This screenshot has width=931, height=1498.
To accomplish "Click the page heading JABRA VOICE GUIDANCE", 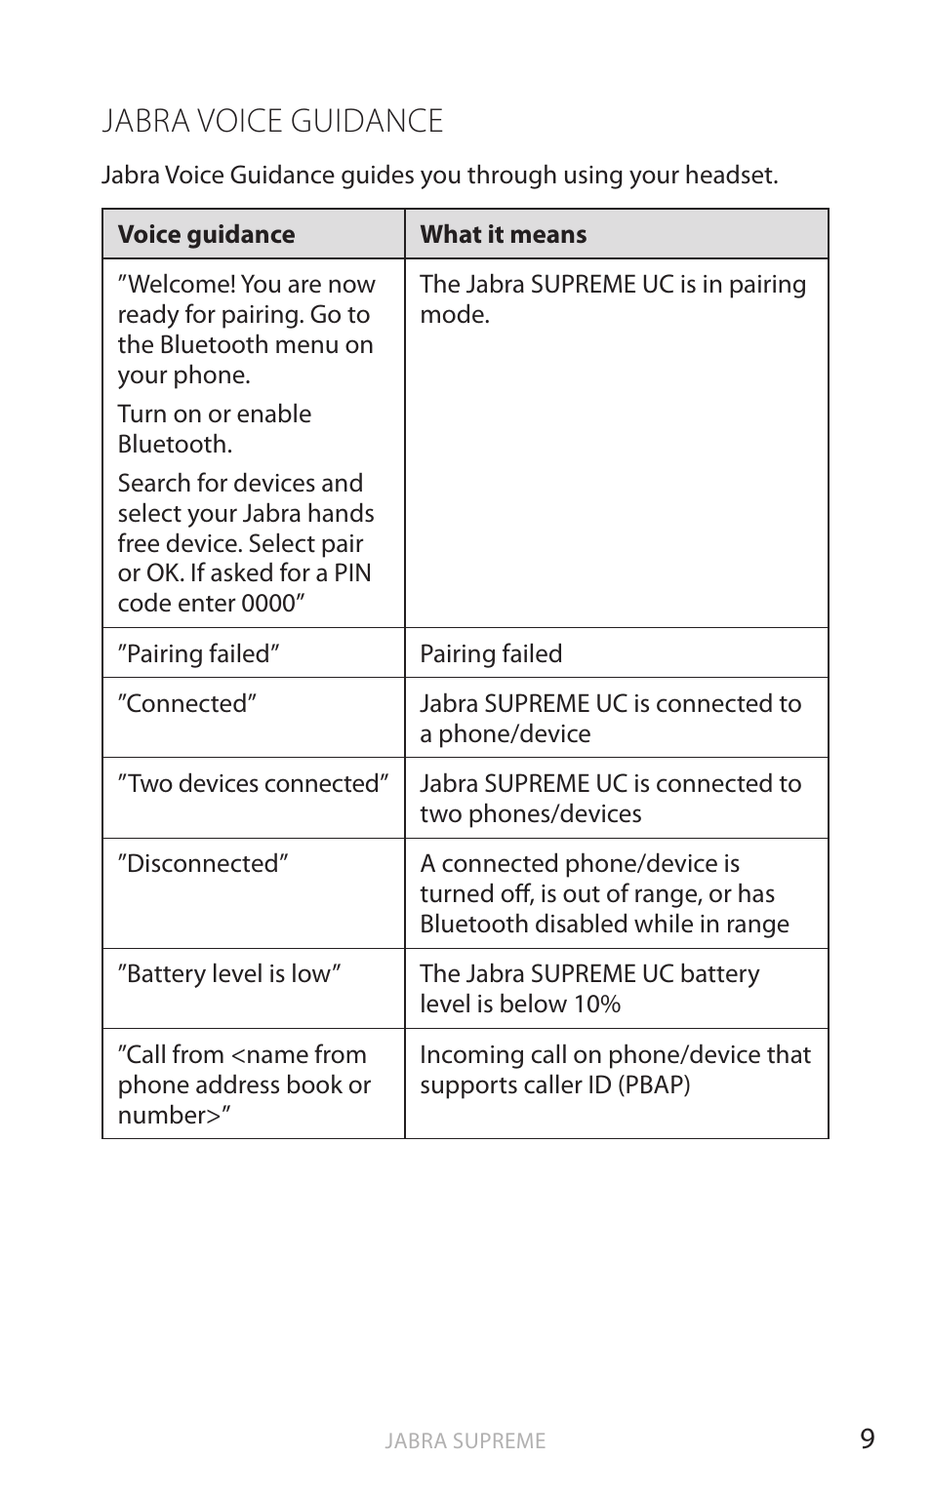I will coord(272,121).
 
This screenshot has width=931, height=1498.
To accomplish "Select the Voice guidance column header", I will coord(206,234).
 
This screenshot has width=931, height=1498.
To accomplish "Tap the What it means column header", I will coord(503,234).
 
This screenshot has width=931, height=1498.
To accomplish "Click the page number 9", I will coord(867,1439).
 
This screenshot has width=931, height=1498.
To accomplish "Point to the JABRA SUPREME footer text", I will coord(465,1440).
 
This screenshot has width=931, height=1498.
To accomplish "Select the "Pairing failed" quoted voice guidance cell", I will coord(199,653).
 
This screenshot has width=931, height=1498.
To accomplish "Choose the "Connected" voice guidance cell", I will coord(187,703).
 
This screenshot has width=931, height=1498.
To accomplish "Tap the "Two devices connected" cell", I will coord(253,783).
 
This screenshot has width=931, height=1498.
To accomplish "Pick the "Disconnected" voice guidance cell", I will coord(203,863).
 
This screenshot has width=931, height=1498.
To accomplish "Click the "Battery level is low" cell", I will coord(229,973).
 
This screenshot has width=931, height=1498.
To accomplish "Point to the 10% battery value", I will coord(596,1004).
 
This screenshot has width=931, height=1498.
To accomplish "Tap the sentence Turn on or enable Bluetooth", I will coord(215,428).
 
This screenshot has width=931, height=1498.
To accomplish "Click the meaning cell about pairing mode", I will coord(612,298).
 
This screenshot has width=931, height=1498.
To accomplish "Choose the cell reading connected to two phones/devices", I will coord(610,798).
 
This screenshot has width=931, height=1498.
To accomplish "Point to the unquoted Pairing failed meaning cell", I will coord(491,653).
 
